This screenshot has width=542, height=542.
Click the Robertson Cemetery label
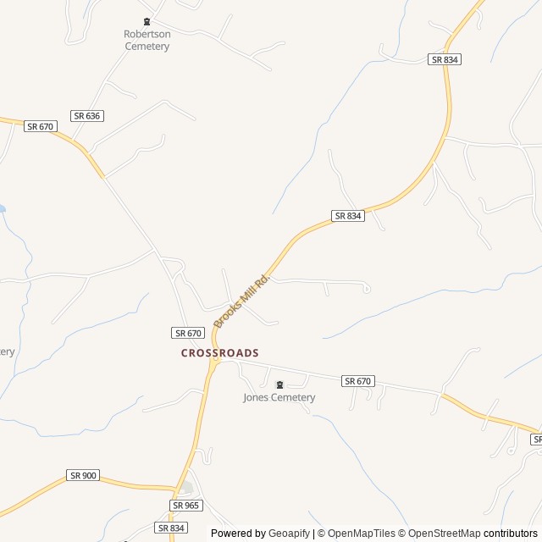point(147,41)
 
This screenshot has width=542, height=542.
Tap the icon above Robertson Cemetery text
point(147,22)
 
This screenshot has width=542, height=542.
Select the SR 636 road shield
point(87,115)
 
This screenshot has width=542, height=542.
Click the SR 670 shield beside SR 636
point(40,126)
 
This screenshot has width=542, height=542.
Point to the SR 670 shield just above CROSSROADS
point(188,333)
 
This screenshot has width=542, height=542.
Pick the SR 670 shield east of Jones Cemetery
point(358,381)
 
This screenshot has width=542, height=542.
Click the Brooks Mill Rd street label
point(241,301)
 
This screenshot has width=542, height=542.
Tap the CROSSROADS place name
point(219,352)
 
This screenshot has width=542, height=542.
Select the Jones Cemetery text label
point(279,397)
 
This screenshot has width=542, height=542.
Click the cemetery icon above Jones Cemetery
point(279,384)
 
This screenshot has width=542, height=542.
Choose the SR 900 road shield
point(83,475)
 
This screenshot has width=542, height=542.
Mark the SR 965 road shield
point(186,505)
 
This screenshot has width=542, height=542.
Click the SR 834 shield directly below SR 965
point(171,528)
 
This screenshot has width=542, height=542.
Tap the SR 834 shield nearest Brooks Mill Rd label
point(348,216)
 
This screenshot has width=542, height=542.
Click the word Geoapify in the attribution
point(289,534)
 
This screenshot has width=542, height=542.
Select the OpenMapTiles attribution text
point(360,534)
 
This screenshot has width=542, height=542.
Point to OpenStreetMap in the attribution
point(441,534)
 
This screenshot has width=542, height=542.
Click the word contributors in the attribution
point(511,534)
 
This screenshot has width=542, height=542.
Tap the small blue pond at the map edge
point(3,207)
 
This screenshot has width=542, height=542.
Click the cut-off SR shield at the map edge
point(537,440)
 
